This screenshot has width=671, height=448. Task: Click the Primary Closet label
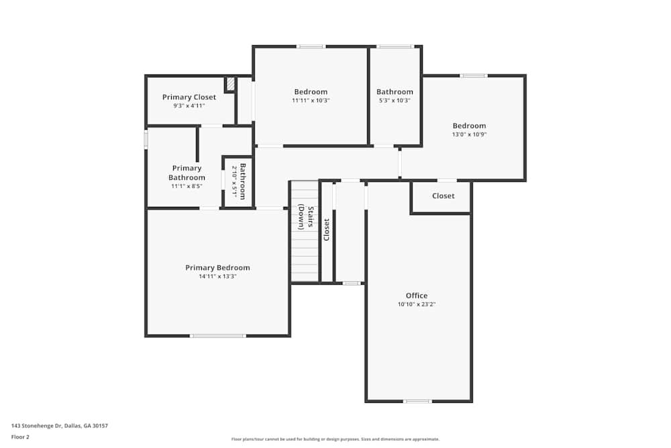coord(189,97)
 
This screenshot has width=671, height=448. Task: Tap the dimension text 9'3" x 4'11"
coord(189,106)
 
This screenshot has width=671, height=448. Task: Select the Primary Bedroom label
coord(217,268)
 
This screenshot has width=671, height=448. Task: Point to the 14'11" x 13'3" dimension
coord(217,277)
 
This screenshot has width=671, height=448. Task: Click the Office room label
coord(416,296)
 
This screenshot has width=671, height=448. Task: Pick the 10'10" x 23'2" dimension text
coord(416,304)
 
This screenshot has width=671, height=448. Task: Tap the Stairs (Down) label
coord(306,217)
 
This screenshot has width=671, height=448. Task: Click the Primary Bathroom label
coord(187,173)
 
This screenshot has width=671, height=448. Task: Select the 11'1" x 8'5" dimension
coord(187,186)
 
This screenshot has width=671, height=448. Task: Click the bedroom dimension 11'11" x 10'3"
coord(311,101)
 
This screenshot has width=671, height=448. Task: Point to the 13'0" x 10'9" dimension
coord(469,134)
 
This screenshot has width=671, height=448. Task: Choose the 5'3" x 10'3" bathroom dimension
coord(395,101)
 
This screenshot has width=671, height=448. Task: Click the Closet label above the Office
coord(443,196)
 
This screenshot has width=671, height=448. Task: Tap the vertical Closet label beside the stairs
coord(327,230)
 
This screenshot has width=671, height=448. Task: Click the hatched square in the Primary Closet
coord(229,84)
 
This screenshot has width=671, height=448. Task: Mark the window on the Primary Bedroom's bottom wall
coord(217,335)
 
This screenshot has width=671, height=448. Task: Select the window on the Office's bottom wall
coord(417,401)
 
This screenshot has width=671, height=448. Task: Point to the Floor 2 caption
coord(20,437)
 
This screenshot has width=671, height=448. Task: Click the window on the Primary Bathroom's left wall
coord(146,139)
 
